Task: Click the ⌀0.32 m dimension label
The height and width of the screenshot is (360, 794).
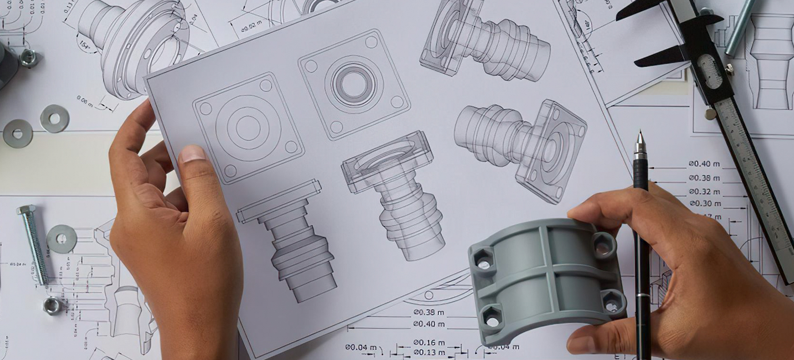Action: coord(705,192)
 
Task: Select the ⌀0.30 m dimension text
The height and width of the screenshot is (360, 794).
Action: coord(706,204)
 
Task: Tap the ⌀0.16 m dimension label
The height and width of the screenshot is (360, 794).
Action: coord(429,343)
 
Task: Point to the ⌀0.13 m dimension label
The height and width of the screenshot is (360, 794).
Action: coord(429,353)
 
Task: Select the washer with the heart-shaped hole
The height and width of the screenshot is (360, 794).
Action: coord(17,134)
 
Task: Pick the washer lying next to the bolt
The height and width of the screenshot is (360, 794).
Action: coord(62,239)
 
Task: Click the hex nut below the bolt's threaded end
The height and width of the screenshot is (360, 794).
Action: coord(52,306)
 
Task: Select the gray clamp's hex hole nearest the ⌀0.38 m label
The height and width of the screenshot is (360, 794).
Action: coord(492,320)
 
